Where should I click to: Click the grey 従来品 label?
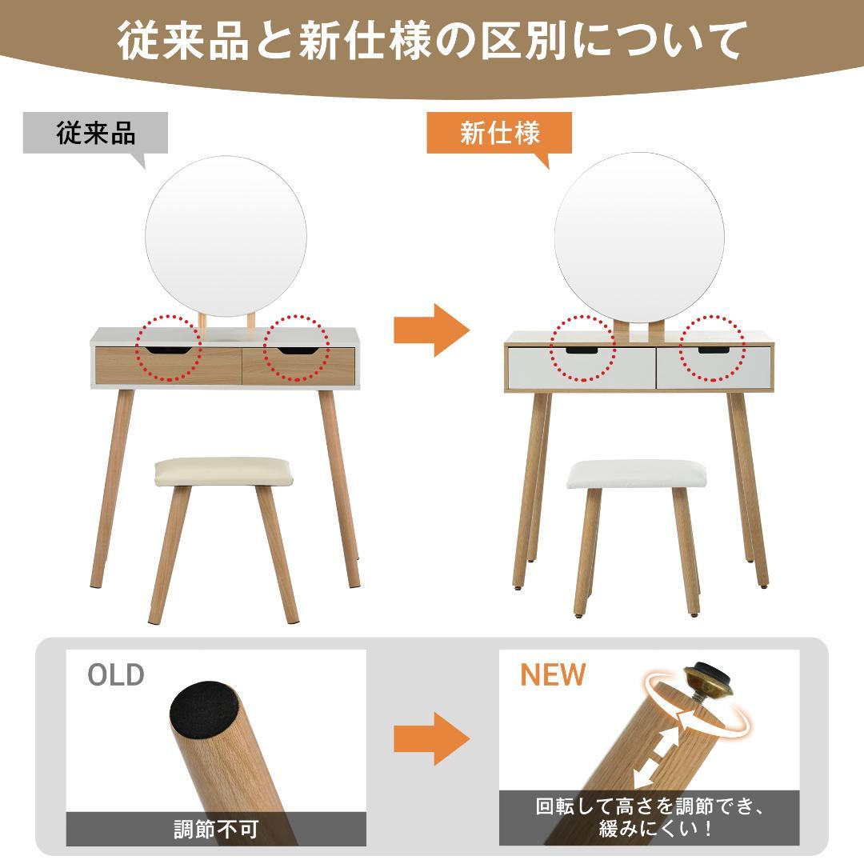click(96, 132)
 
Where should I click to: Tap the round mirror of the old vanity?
click(226, 235)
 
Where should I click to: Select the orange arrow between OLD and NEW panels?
click(430, 737)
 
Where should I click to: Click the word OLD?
click(116, 674)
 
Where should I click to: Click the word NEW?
click(553, 674)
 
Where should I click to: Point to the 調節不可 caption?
click(216, 829)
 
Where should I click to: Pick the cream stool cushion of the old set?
click(210, 470)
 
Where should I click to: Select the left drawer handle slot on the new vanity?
click(582, 350)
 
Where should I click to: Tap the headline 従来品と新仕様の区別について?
click(432, 40)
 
